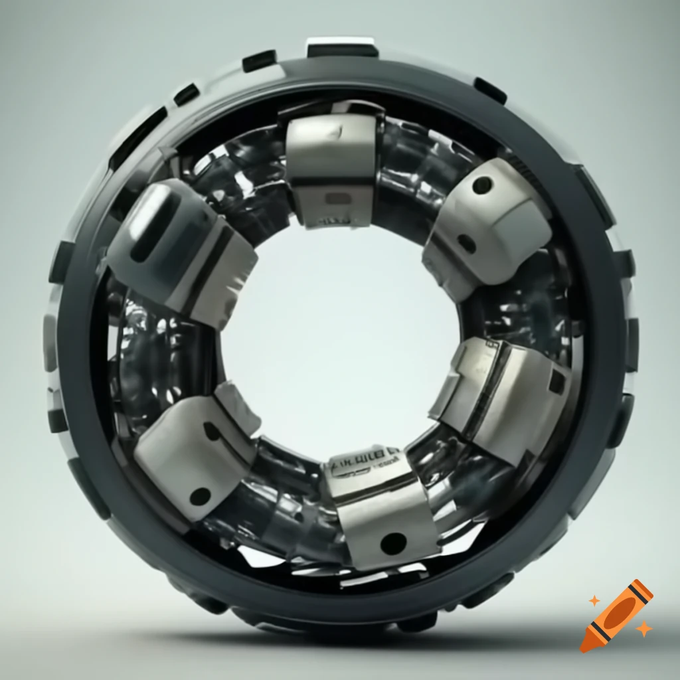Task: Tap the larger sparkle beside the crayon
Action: pos(642,628)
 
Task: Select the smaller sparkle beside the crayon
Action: pos(594,600)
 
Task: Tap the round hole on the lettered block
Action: pos(393,543)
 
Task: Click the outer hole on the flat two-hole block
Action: pos(199,495)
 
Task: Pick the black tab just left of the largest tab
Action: pos(259,61)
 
